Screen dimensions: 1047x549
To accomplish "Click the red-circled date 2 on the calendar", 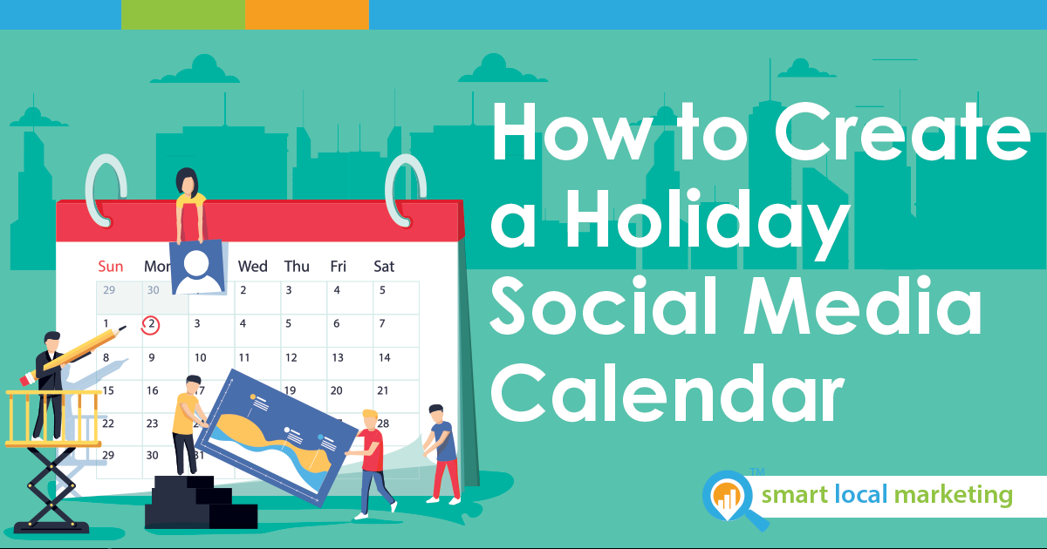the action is click(150, 325).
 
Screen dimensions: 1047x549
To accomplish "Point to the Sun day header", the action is click(110, 267).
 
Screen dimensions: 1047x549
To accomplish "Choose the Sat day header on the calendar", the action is click(384, 267).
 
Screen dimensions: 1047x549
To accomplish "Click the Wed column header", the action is click(253, 267).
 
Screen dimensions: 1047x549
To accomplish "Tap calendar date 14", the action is click(384, 357).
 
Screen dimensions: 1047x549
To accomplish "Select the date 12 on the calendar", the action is click(291, 357).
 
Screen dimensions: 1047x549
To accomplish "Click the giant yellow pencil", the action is click(72, 356).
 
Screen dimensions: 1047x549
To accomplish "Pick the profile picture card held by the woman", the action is click(198, 267).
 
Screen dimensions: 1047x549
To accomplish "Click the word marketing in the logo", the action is click(953, 496).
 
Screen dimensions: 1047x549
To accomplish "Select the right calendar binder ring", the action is click(406, 191).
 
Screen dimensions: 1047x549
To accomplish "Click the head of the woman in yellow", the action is click(187, 181).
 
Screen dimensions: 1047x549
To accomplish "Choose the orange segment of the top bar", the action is click(307, 15).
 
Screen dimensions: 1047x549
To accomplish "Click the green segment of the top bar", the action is click(183, 15).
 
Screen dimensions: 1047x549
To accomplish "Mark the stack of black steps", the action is click(201, 502).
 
